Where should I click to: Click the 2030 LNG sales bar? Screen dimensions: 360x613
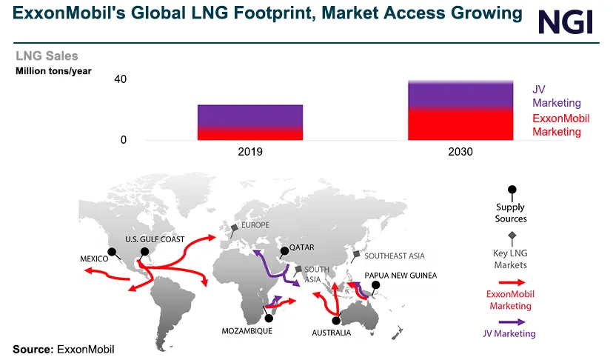click(460, 110)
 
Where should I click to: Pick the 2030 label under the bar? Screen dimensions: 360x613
click(460, 151)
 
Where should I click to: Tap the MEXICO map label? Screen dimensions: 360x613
click(95, 259)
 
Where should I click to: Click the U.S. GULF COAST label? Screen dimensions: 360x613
click(155, 239)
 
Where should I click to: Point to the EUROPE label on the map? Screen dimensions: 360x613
click(256, 224)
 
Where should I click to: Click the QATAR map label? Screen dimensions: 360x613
click(303, 249)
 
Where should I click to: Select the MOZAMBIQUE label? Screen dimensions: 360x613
click(247, 331)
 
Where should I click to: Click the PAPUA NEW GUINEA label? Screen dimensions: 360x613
click(401, 275)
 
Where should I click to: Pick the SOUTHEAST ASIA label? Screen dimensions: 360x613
click(395, 256)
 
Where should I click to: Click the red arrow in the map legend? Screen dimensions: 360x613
click(511, 282)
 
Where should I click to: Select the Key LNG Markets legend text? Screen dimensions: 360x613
click(510, 259)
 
